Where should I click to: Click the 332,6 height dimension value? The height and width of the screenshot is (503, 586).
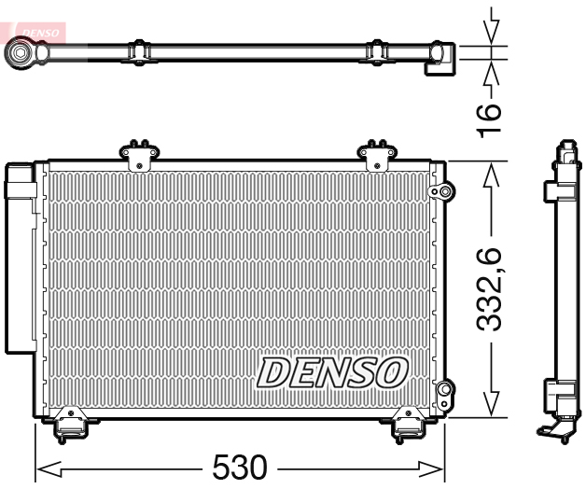pyautogui.click(x=491, y=289)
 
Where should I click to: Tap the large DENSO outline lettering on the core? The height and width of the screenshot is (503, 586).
pyautogui.click(x=332, y=371)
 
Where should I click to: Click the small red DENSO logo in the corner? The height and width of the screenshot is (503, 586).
pyautogui.click(x=35, y=32)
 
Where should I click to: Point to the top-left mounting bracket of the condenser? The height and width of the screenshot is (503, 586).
pyautogui.click(x=138, y=154)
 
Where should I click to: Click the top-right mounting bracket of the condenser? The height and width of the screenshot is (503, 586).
pyautogui.click(x=378, y=154)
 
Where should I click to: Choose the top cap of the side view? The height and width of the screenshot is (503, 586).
pyautogui.click(x=565, y=147)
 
